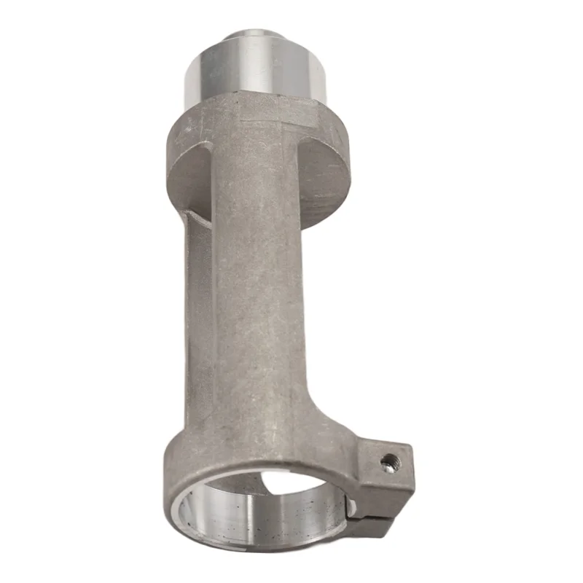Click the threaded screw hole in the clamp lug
[389, 461]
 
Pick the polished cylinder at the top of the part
[255, 69]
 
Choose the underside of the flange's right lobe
[321, 182]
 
